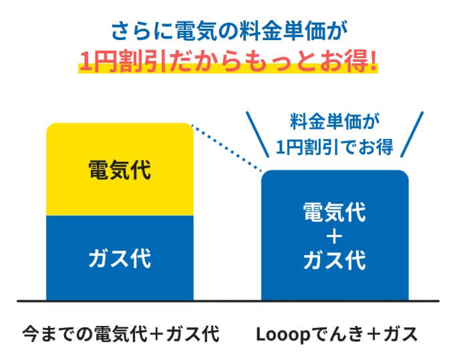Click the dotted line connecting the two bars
[225, 148]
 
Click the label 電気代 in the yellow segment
[120, 170]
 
